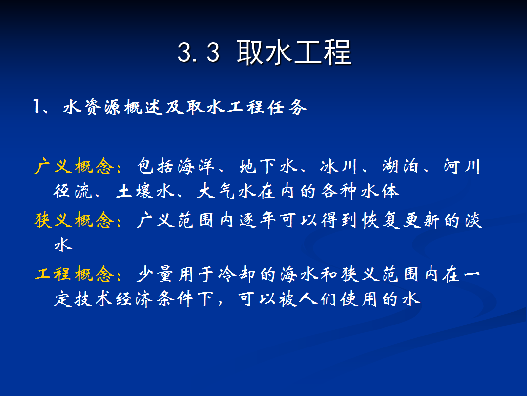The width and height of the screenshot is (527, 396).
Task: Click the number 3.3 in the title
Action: point(198,52)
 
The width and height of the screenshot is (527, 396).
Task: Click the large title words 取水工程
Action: point(294,52)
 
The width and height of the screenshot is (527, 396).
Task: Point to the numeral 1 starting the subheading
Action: point(37,106)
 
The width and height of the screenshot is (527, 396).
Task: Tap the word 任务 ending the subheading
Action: point(287,107)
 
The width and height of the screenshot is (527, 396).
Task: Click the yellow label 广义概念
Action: point(74,166)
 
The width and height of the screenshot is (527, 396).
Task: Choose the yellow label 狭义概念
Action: point(74,220)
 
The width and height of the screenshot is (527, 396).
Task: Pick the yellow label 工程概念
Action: point(74,274)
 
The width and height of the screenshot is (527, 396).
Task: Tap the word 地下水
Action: point(268,166)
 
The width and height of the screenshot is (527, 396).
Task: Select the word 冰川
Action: point(338,166)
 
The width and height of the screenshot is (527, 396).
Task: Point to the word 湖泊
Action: point(400,166)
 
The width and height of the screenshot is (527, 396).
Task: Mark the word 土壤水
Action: point(145,191)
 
